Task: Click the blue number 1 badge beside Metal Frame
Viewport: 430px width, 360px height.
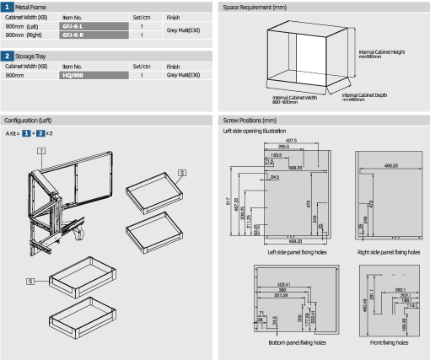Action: pyautogui.click(x=10, y=7)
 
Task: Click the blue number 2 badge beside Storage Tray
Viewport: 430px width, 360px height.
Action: pyautogui.click(x=10, y=56)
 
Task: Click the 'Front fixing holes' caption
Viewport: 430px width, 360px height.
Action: pyautogui.click(x=384, y=344)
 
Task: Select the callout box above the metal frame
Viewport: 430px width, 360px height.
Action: pyautogui.click(x=40, y=151)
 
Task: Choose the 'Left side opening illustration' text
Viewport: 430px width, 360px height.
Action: pyautogui.click(x=254, y=131)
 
